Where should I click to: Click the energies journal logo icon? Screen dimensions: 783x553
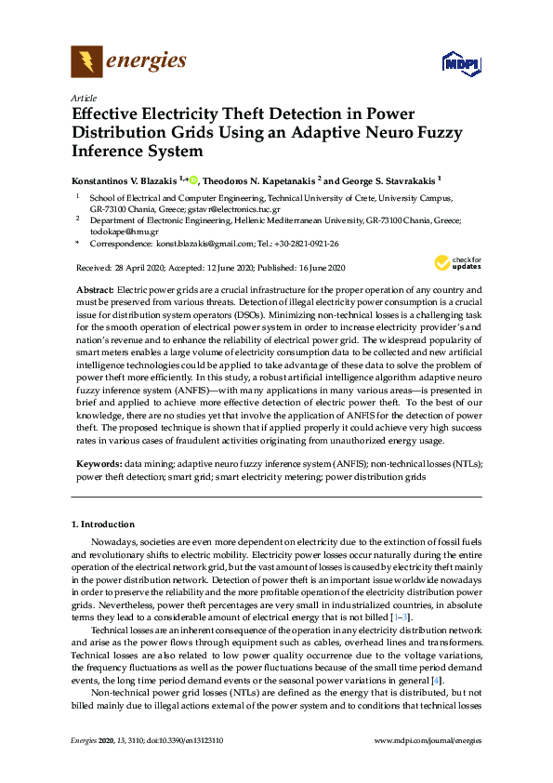pyautogui.click(x=86, y=62)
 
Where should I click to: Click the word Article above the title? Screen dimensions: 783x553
pyautogui.click(x=84, y=97)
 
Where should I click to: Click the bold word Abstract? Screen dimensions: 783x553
pyautogui.click(x=95, y=291)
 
